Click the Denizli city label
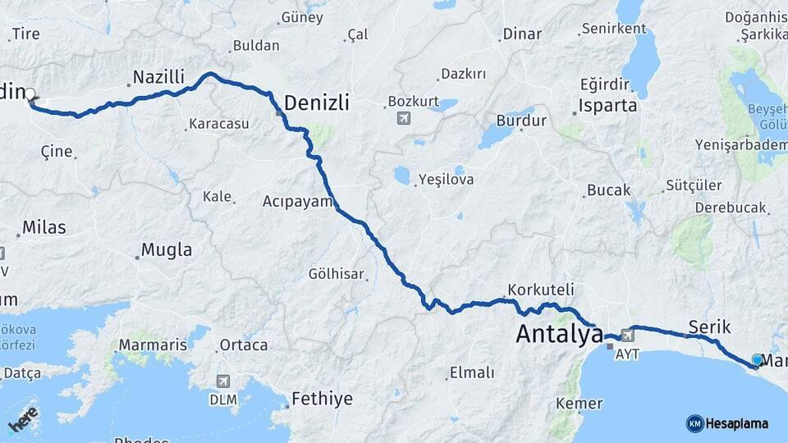(x=317, y=103)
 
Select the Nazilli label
(x=158, y=78)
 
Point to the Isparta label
(x=607, y=106)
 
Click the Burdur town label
(x=521, y=121)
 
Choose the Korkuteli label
(x=541, y=290)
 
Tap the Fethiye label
(x=324, y=400)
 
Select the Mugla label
(x=167, y=250)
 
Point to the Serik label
(x=710, y=327)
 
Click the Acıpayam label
(x=297, y=201)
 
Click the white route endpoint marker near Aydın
(x=30, y=94)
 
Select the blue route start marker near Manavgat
(x=757, y=359)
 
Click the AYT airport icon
(x=628, y=334)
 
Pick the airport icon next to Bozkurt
(x=403, y=118)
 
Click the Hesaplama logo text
(x=736, y=424)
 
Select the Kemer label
(x=579, y=404)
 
